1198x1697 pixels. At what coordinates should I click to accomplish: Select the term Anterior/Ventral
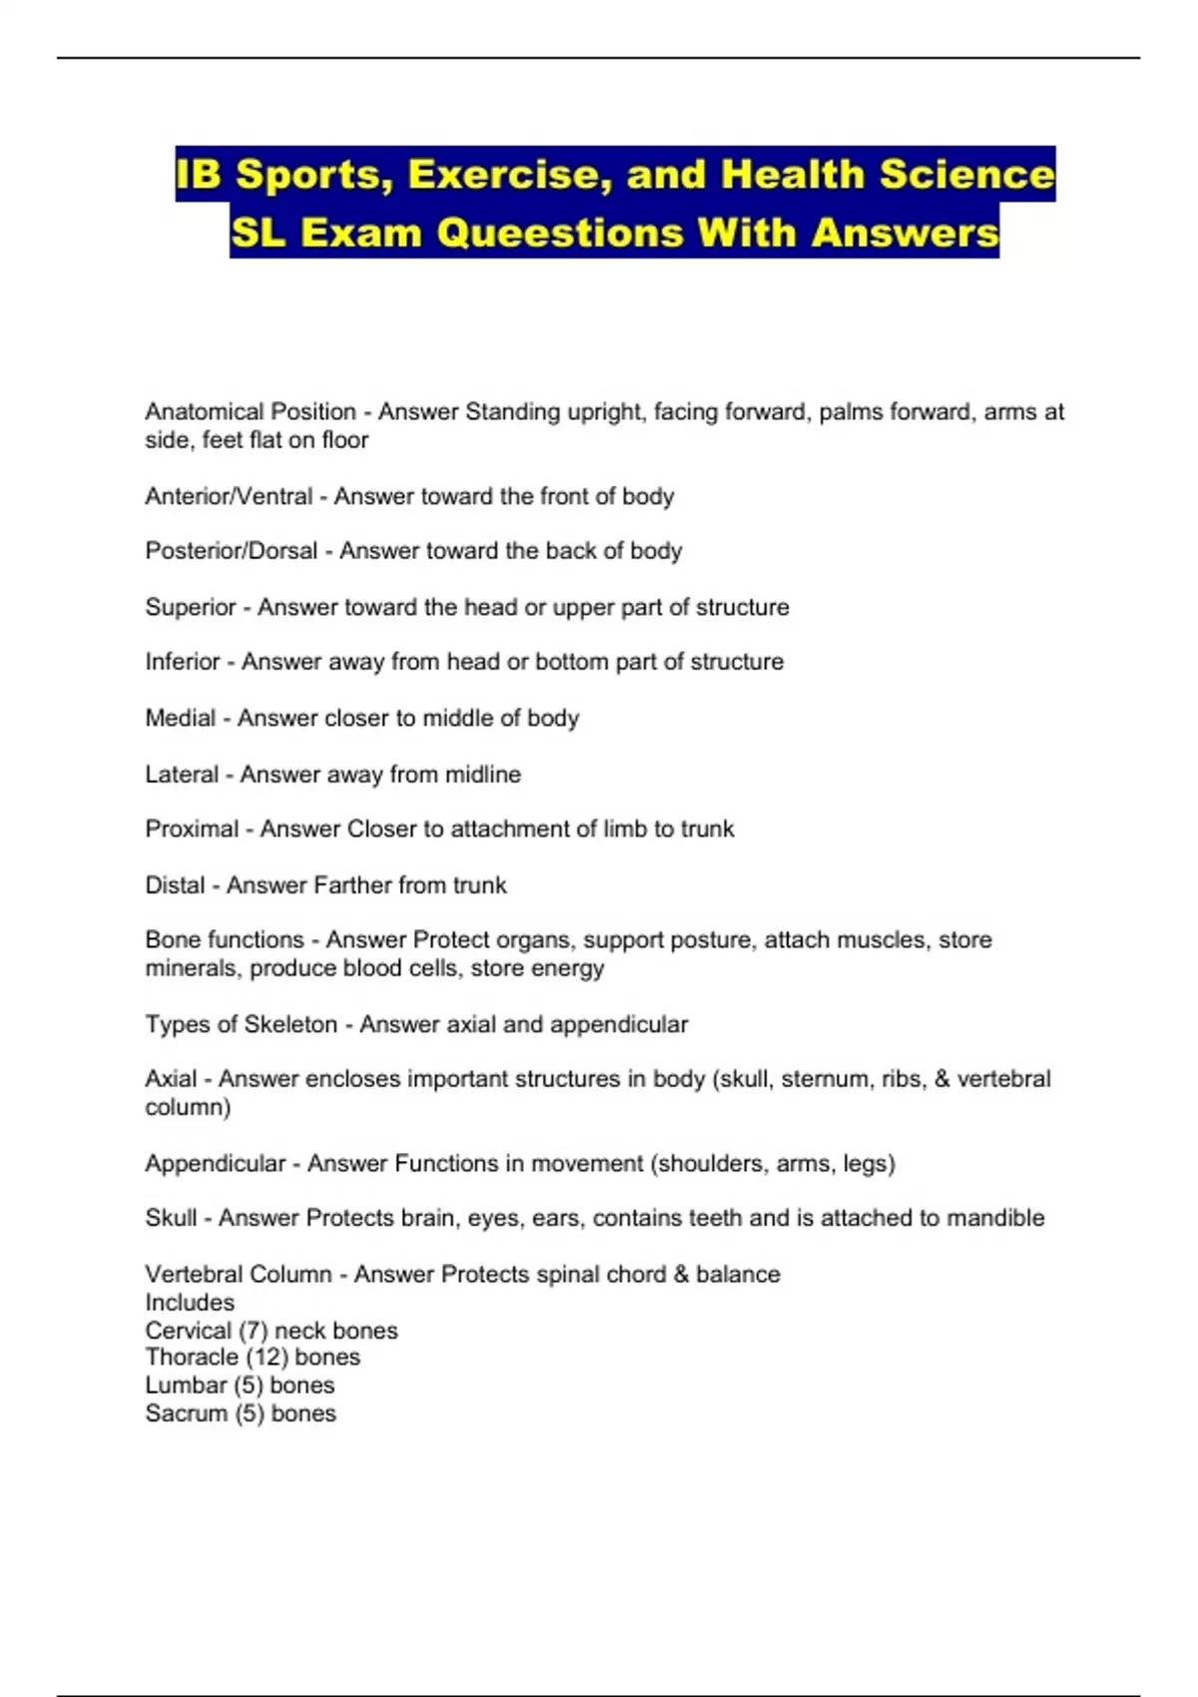coord(229,496)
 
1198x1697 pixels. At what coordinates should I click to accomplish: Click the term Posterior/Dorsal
coord(231,551)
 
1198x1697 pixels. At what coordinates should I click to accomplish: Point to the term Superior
coord(190,607)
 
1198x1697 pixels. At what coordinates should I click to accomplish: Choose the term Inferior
coord(182,662)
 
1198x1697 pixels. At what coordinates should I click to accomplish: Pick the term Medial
coord(180,718)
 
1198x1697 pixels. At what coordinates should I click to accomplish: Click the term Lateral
coord(181,774)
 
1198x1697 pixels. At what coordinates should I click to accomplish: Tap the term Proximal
coord(192,829)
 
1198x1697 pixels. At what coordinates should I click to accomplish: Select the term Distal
coord(175,884)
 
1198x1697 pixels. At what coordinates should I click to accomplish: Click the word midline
coord(483,774)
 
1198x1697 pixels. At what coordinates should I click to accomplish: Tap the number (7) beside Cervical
coord(253,1331)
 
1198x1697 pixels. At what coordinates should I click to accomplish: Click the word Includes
coord(190,1303)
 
